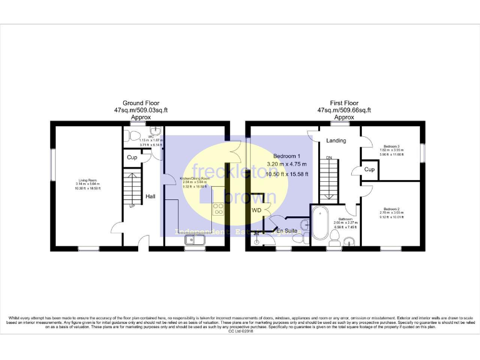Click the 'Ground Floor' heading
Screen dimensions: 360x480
coord(141,103)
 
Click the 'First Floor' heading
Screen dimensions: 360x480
coord(344,103)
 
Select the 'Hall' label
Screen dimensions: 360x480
coord(151,197)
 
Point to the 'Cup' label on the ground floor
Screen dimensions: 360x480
coord(132,157)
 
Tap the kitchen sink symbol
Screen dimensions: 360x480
coord(190,239)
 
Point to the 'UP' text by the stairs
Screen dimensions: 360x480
coord(132,206)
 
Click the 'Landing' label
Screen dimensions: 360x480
coord(336,141)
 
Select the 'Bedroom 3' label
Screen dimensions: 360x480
coord(391,146)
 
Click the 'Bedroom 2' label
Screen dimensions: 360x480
coord(391,209)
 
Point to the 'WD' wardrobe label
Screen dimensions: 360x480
coord(257,211)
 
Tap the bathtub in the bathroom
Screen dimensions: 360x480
coord(321,224)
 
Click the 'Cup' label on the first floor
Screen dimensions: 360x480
coord(369,169)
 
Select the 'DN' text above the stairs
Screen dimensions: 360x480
coord(329,157)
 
